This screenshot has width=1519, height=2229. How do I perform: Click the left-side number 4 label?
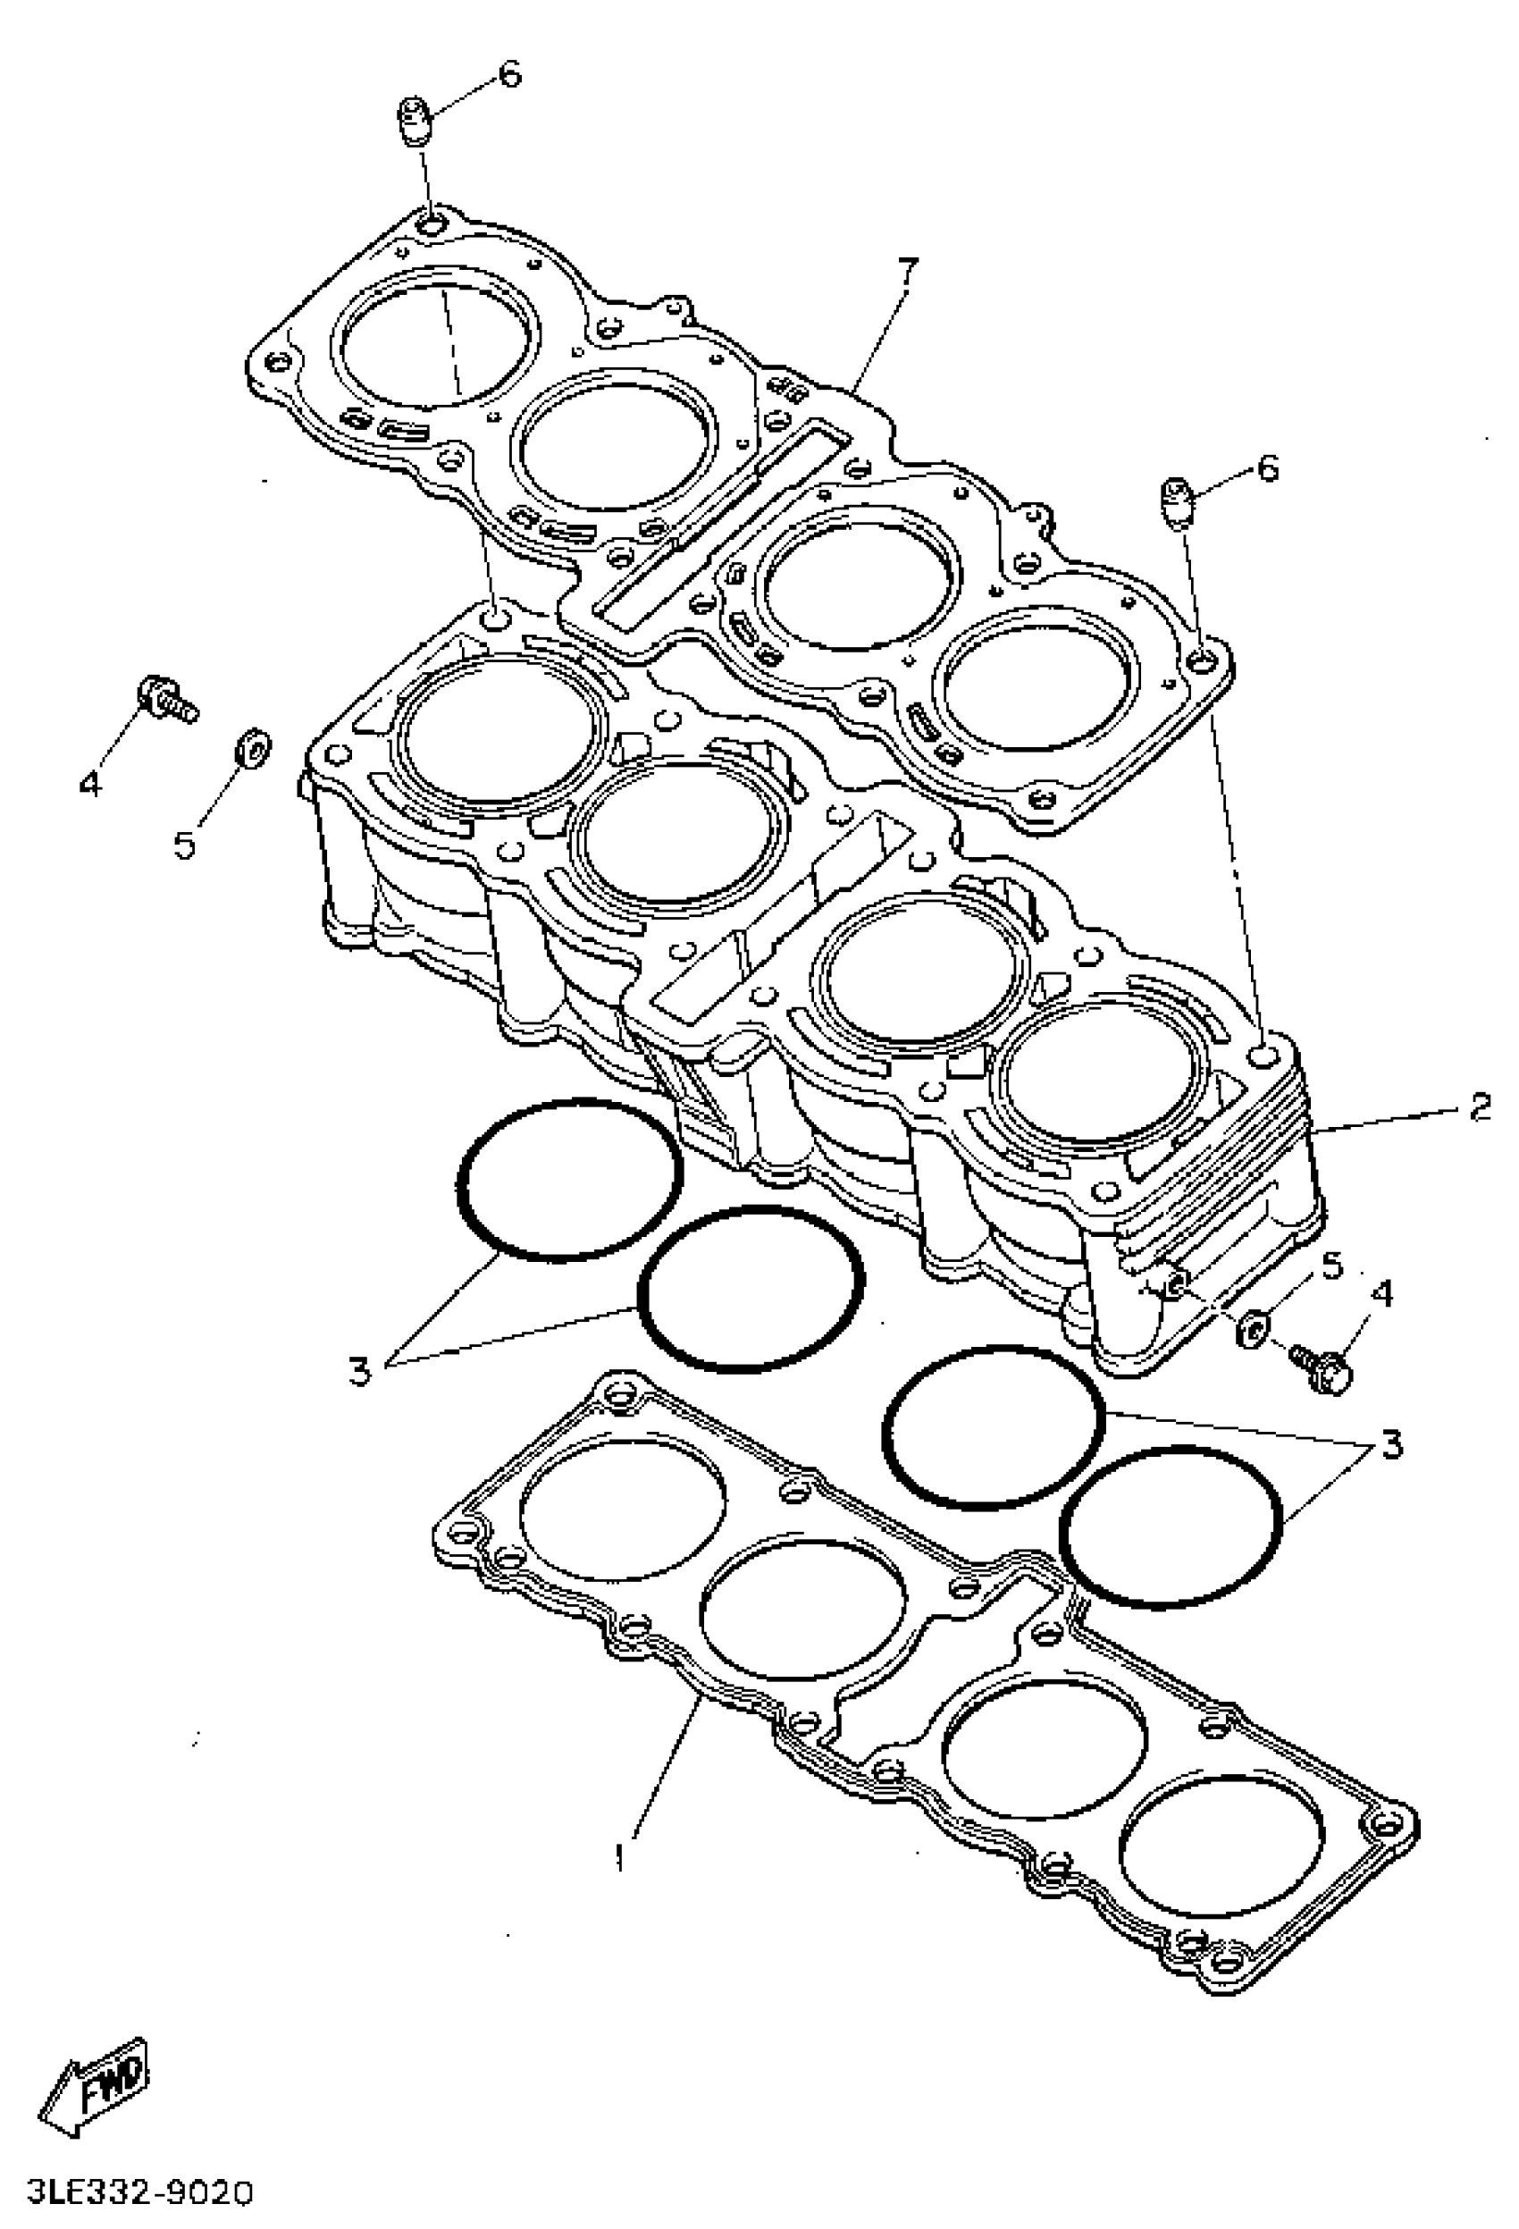click(x=88, y=785)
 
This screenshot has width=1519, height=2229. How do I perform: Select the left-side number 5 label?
click(x=184, y=846)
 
